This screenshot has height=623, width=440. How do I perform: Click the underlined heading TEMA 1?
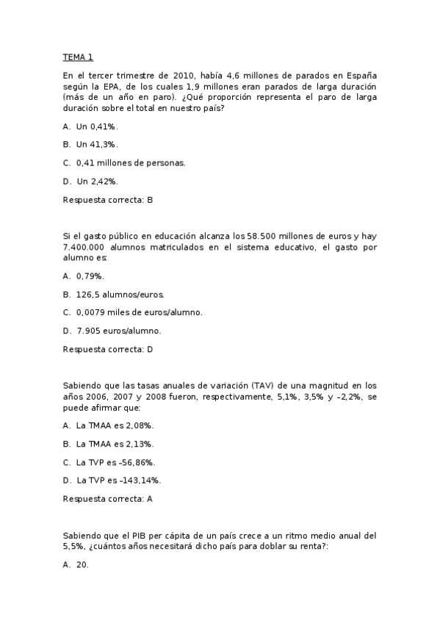click(78, 57)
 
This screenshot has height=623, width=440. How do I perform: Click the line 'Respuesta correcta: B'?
click(107, 200)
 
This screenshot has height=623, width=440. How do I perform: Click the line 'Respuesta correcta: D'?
click(108, 349)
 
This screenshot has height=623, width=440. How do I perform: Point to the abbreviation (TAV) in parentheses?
click(262, 386)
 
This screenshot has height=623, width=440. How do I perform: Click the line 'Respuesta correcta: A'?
click(107, 499)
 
